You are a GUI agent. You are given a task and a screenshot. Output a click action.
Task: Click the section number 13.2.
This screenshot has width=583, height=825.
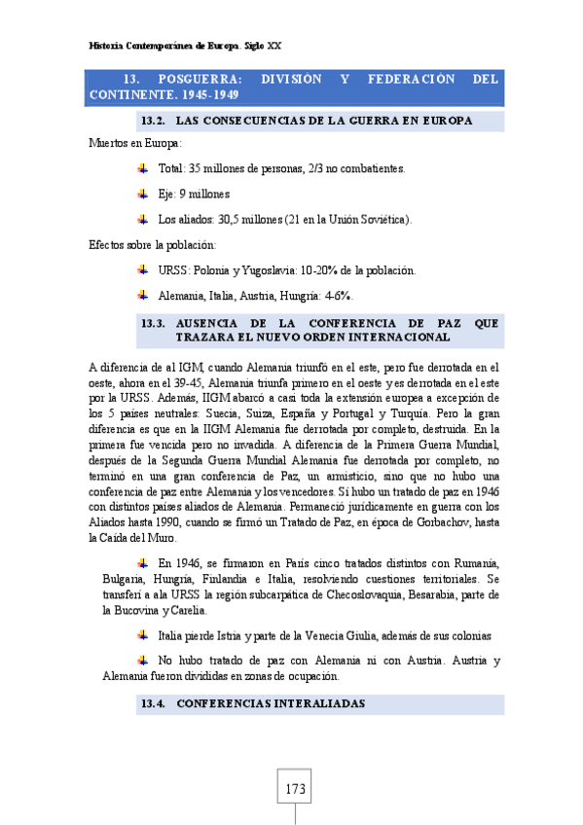pyautogui.click(x=156, y=121)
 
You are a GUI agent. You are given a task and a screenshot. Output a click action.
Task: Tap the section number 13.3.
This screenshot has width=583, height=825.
pyautogui.click(x=156, y=322)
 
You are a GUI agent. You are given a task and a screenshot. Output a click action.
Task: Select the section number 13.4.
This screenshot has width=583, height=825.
pyautogui.click(x=156, y=702)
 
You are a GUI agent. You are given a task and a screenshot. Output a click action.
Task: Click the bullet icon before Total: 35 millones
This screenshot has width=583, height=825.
pyautogui.click(x=143, y=168)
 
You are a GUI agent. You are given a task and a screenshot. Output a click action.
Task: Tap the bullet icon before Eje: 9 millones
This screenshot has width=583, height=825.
pyautogui.click(x=143, y=194)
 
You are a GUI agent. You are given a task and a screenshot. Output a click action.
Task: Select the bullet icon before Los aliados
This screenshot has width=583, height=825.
pyautogui.click(x=143, y=219)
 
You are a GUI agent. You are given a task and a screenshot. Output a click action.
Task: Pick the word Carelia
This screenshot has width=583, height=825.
pyautogui.click(x=184, y=611)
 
